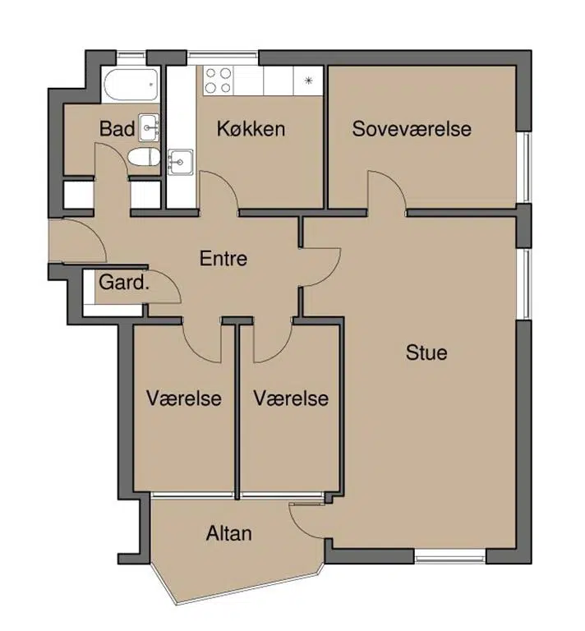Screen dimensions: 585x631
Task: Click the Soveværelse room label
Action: click(x=412, y=129)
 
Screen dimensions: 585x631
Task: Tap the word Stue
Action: click(x=426, y=352)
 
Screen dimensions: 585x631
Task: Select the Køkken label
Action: click(x=251, y=129)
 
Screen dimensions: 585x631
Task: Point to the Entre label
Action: click(x=223, y=258)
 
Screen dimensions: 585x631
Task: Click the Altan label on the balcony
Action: click(x=229, y=533)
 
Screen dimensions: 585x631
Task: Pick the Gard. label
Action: click(x=124, y=282)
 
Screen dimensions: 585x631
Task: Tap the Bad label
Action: click(x=117, y=129)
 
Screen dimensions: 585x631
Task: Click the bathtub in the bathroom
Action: click(x=131, y=85)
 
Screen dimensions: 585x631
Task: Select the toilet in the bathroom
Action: click(x=144, y=157)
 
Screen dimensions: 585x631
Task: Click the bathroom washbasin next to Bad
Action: click(x=149, y=127)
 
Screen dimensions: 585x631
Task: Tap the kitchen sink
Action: click(x=180, y=162)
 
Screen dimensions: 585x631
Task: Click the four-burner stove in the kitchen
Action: click(x=219, y=81)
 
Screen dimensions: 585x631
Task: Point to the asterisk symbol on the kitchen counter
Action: click(x=309, y=81)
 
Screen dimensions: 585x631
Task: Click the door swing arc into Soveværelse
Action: click(x=392, y=182)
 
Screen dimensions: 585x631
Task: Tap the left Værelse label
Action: click(x=184, y=398)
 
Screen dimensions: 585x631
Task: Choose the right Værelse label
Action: click(x=291, y=398)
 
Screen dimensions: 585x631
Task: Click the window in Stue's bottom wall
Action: click(x=449, y=557)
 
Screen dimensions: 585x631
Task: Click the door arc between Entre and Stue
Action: click(x=330, y=274)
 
